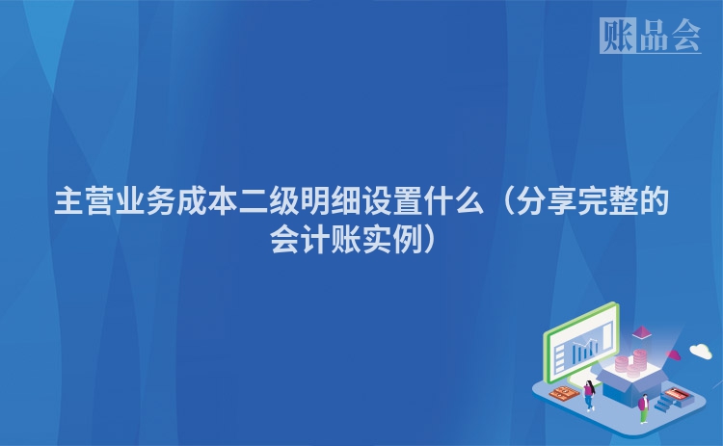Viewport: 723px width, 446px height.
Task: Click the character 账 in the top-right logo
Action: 618,36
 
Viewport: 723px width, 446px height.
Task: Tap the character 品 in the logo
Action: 654,36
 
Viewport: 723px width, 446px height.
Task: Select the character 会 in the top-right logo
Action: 685,36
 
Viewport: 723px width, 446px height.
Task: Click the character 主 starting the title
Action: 68,201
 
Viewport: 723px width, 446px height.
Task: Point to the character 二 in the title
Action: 253,201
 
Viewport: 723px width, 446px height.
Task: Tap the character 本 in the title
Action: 223,201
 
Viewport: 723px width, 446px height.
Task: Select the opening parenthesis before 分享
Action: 506,201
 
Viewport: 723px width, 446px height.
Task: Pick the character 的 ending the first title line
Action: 654,201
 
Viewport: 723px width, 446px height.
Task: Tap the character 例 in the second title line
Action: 407,240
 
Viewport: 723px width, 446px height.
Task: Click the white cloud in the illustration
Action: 701,351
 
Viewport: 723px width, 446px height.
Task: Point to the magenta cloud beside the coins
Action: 674,354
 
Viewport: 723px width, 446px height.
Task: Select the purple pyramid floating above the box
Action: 641,332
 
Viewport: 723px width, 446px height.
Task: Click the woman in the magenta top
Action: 589,395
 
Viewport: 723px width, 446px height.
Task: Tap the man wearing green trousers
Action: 644,408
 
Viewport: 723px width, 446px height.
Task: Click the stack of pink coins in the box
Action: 631,365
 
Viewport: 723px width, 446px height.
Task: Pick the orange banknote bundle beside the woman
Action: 564,394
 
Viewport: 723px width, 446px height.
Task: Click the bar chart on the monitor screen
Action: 585,350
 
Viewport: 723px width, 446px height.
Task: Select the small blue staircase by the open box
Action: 666,403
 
